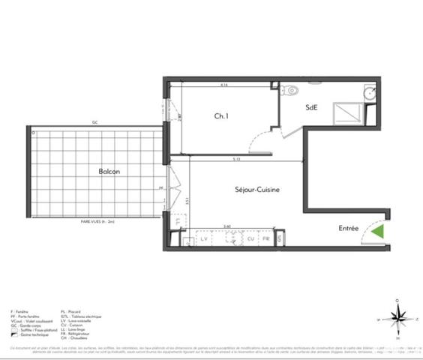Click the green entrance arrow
pos(379,232)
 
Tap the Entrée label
pos(348,229)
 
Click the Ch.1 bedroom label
pos(221,116)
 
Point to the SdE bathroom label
pos(311,107)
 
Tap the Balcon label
pos(109,171)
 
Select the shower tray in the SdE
pos(346,112)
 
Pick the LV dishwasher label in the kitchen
pos(202,238)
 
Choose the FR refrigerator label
pos(265,238)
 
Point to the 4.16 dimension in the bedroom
pos(224,85)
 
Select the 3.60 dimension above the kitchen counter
pos(226,226)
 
